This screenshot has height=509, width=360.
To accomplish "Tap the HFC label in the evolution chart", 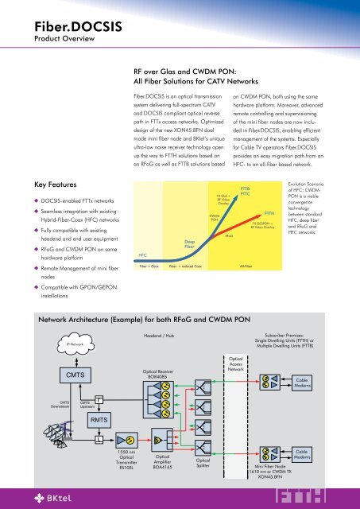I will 142,254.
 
